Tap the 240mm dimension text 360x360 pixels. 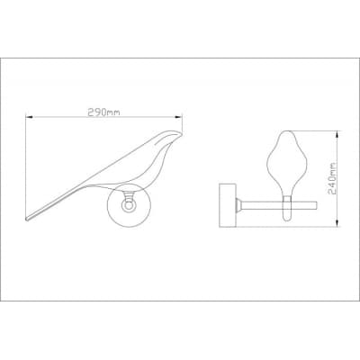331,179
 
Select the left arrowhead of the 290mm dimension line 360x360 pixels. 29,117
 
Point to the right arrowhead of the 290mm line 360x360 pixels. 179,117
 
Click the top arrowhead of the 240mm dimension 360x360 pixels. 337,134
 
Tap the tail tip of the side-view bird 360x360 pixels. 28,219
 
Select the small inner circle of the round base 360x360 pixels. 130,206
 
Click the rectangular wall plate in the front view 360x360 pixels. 228,205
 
